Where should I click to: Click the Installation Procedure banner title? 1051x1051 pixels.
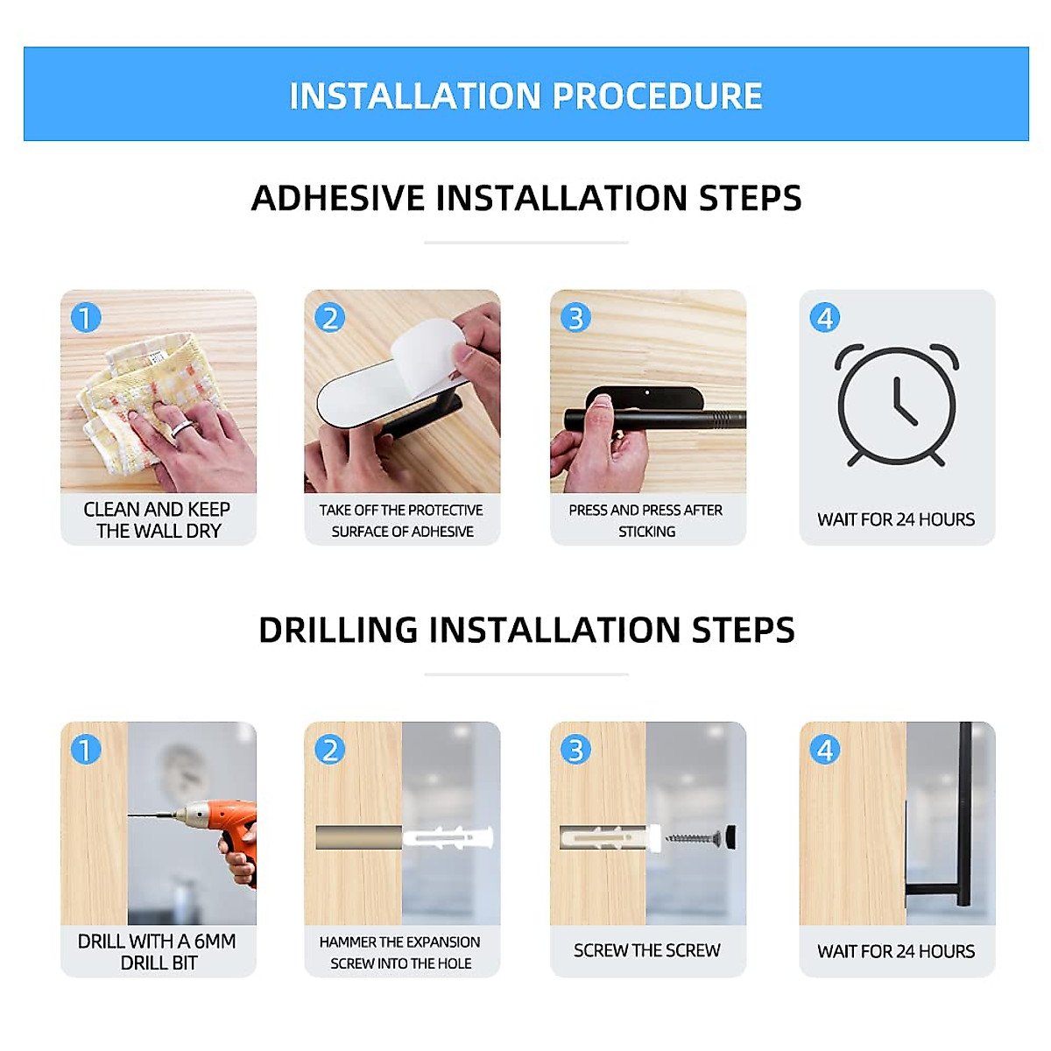525,95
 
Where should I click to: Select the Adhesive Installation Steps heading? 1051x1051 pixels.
525,198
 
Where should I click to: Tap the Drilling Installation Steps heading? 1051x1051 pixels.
525,631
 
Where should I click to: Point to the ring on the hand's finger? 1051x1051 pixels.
180,427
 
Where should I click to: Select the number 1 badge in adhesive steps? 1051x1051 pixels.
86,317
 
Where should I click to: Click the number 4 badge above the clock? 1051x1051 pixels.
824,317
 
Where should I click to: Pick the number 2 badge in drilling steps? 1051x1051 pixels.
330,750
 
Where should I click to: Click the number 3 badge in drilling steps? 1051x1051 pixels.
575,750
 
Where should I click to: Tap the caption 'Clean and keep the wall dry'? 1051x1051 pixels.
158,519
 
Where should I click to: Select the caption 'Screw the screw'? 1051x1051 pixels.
646,950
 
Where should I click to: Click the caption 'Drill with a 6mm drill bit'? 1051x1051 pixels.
158,951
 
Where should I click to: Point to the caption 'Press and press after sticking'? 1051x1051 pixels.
646,520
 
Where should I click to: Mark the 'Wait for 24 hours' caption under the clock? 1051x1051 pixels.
896,519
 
